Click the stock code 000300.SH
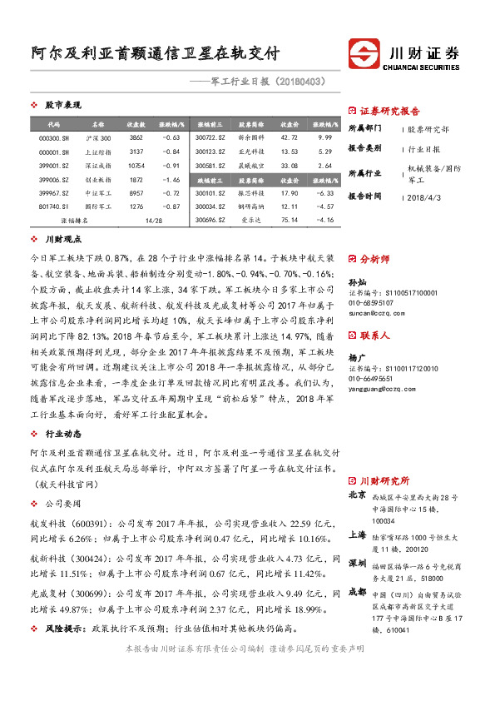coord(54,137)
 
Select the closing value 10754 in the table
coord(136,165)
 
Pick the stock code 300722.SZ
coord(210,137)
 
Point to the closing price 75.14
coord(290,220)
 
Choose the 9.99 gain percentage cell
coord(324,137)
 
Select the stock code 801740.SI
coord(54,206)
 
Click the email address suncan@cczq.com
coord(372,315)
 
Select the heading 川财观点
coord(62,239)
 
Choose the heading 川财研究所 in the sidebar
coord(385,480)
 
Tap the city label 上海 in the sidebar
coord(357,534)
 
